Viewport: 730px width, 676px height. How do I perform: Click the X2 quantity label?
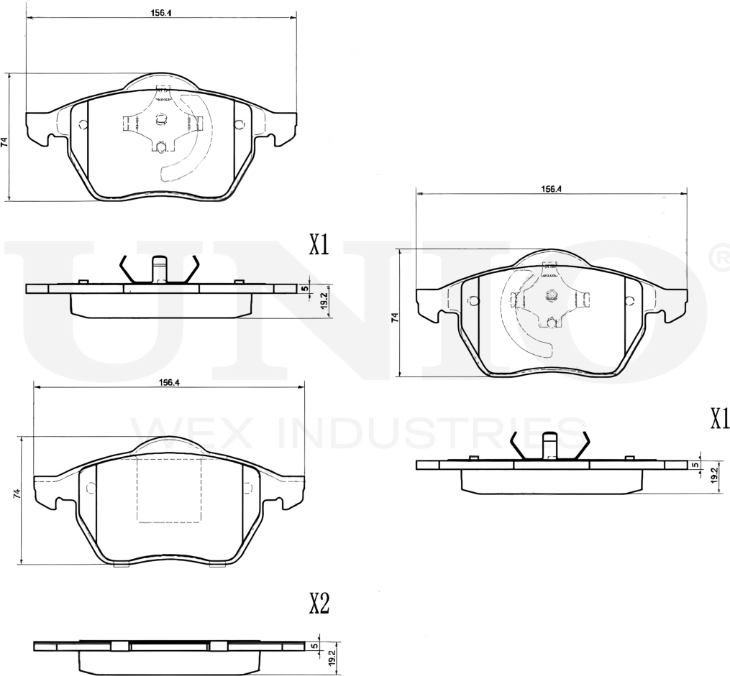(x=319, y=604)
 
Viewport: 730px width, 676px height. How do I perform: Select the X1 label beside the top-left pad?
(x=319, y=246)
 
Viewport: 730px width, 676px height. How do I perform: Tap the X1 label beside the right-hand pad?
(x=719, y=418)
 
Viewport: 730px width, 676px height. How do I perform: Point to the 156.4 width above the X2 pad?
(x=168, y=381)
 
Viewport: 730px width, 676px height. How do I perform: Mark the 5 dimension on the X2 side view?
(x=314, y=646)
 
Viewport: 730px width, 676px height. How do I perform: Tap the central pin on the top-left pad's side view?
(x=160, y=269)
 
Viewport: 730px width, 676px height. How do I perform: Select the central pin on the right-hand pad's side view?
(x=550, y=445)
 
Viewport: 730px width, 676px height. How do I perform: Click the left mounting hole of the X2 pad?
(x=91, y=488)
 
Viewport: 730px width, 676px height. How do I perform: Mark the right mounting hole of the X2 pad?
(x=247, y=488)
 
